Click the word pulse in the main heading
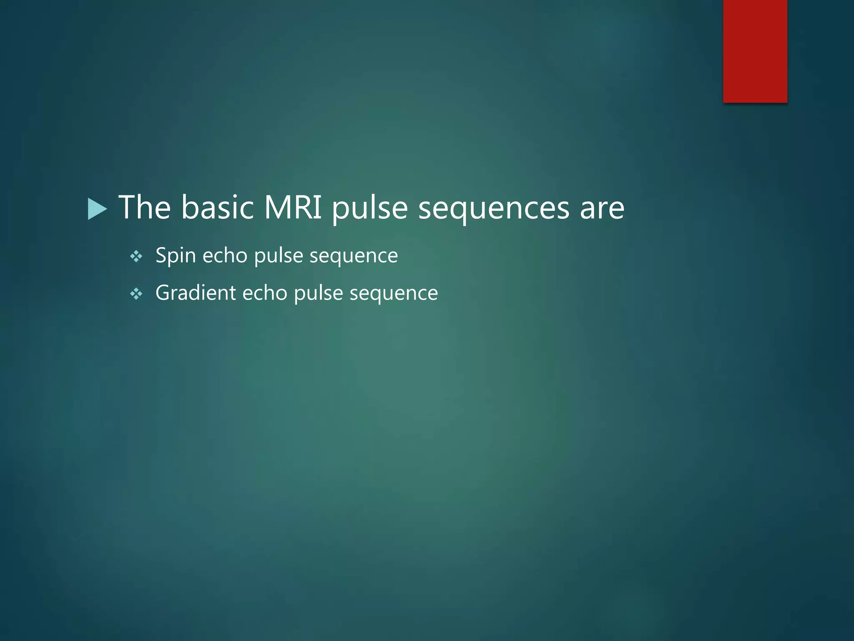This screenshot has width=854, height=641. [370, 208]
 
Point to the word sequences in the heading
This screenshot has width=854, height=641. [494, 209]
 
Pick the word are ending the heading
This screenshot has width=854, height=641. [602, 209]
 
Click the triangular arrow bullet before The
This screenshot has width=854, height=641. [98, 209]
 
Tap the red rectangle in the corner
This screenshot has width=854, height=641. [755, 51]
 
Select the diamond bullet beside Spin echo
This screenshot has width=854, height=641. [136, 256]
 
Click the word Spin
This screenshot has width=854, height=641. [176, 255]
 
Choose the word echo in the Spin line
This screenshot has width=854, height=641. [225, 255]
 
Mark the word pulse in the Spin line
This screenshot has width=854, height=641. [278, 256]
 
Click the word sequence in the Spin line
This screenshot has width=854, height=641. [354, 256]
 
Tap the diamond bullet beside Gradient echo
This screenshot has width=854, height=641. [136, 294]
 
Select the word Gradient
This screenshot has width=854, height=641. [196, 293]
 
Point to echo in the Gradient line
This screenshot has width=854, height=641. [265, 293]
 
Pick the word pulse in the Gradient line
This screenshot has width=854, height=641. [318, 293]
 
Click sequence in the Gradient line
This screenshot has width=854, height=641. [394, 293]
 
